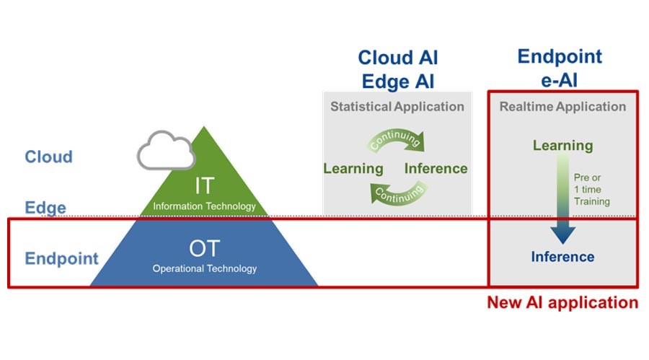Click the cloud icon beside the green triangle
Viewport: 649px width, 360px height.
coord(166,151)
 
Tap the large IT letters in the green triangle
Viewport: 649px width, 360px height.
coord(205,185)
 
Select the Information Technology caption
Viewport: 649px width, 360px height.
coord(205,206)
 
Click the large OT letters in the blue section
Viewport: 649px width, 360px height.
coord(205,249)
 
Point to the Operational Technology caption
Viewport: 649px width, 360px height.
coord(205,268)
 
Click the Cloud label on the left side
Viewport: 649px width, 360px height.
coord(48,157)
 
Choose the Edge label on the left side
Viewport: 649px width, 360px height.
coord(45,208)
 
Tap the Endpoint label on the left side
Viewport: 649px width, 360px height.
coord(62,258)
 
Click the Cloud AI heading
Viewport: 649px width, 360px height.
coord(398,58)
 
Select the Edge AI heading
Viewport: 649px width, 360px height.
coord(398,82)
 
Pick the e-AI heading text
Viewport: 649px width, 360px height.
coord(559,79)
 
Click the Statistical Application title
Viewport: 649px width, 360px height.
coord(397,107)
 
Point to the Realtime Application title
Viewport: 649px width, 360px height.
coord(562,107)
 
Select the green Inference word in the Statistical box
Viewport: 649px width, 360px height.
coord(436,169)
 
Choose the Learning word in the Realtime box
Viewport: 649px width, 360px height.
coord(563,146)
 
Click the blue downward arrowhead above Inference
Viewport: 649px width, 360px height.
coord(563,235)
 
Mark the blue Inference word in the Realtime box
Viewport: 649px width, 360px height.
coord(562,257)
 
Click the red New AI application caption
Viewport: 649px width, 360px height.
coord(562,303)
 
